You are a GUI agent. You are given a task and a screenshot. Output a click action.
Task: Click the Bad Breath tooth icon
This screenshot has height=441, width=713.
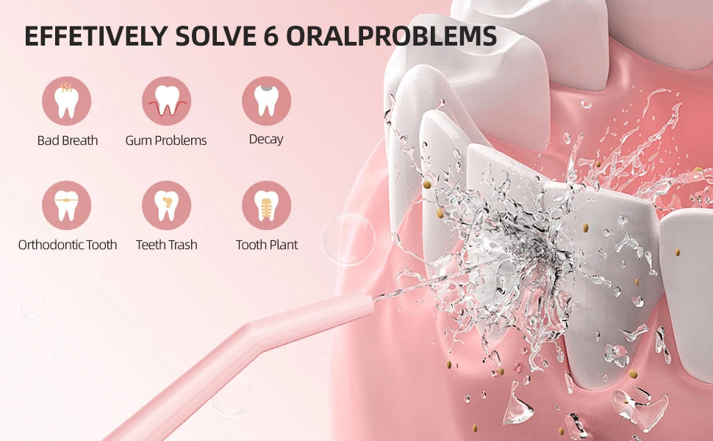(x=67, y=101)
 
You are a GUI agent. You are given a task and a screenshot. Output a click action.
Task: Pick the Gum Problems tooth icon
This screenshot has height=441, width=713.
(x=166, y=101)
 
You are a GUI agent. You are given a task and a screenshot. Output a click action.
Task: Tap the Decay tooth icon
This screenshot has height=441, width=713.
(x=266, y=101)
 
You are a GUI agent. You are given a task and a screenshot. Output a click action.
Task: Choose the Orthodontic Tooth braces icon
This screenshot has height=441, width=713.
(x=67, y=206)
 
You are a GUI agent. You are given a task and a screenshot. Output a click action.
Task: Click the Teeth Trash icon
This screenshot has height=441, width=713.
(x=166, y=206)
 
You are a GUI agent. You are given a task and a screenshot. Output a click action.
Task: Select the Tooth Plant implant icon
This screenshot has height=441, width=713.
(x=266, y=206)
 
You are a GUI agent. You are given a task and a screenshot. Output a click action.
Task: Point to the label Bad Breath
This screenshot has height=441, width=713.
(x=67, y=140)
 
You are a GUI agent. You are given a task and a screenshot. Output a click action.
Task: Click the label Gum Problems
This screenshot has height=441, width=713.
(x=166, y=140)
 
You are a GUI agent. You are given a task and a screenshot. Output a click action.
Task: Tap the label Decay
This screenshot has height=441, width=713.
(x=266, y=139)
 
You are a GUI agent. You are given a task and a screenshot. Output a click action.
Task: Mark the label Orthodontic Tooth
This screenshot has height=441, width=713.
(x=67, y=245)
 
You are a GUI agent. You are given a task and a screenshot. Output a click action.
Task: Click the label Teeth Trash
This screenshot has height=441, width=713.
(x=166, y=245)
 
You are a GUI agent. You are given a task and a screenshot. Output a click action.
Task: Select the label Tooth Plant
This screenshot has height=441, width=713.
(x=266, y=245)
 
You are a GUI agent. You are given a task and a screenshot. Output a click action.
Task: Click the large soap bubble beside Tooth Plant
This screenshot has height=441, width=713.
(x=348, y=238)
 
